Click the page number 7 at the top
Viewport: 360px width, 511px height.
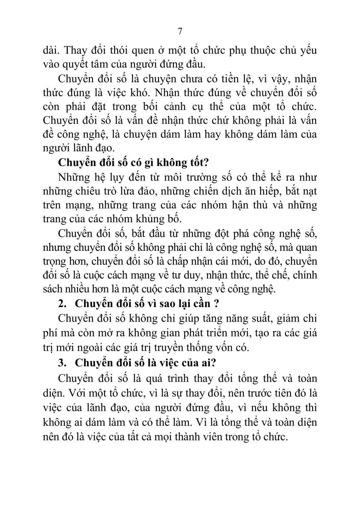tap(180, 32)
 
